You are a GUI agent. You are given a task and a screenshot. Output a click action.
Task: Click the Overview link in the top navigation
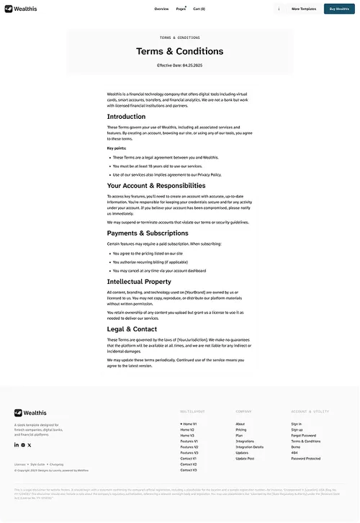point(161,9)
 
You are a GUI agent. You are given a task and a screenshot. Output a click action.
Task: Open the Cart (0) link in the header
point(199,9)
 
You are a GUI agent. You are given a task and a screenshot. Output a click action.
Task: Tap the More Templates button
point(303,9)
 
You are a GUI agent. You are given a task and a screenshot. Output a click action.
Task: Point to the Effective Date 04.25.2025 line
point(179,66)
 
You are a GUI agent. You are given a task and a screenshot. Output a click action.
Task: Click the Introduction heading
point(126,117)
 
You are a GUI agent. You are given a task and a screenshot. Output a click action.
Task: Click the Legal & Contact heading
point(132,329)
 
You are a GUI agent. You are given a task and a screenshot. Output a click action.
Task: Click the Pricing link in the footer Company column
point(240,430)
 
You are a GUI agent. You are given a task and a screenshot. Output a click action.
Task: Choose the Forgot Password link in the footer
point(303,436)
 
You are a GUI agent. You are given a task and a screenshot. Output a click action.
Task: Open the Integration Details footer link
point(249,447)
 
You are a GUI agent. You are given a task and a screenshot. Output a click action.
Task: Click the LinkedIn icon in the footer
point(16,445)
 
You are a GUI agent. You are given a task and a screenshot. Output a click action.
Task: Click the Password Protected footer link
point(305,459)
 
